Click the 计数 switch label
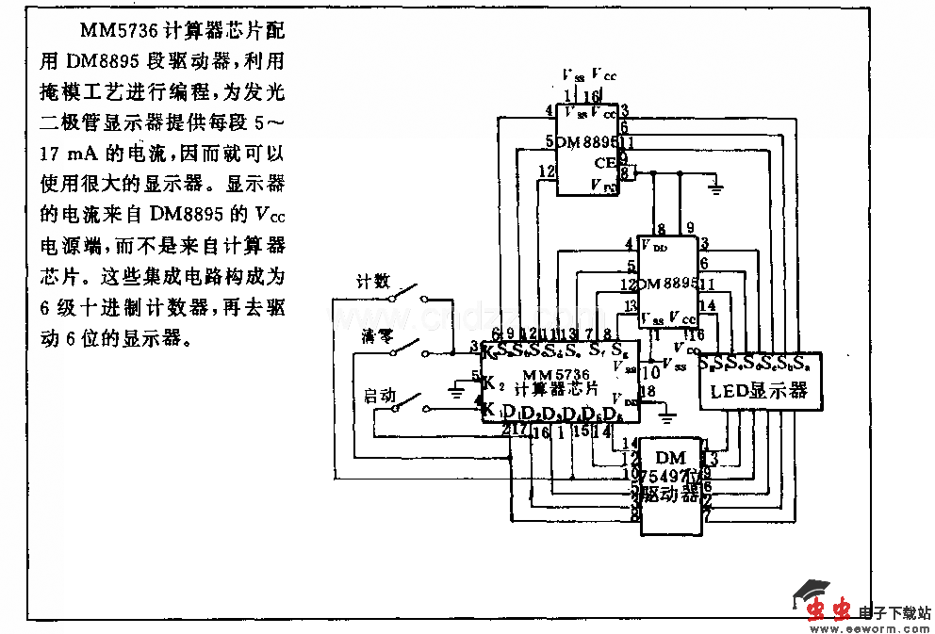(372, 281)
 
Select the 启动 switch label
(380, 396)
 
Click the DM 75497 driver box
(671, 485)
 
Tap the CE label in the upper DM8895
(604, 163)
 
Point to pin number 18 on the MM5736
(647, 391)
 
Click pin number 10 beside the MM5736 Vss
(649, 373)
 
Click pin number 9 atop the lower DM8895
(690, 228)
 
